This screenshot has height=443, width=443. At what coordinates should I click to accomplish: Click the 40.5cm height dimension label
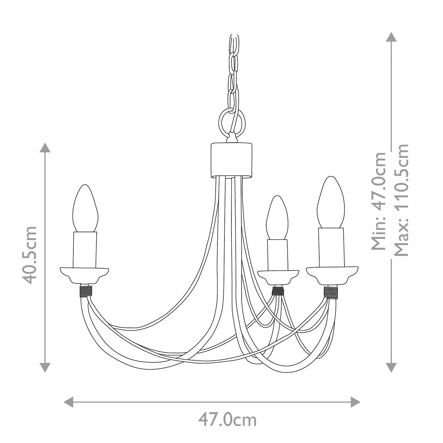tap(30, 255)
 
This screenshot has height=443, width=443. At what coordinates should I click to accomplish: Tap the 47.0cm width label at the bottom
tap(227, 420)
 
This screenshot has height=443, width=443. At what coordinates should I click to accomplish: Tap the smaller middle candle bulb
tap(277, 218)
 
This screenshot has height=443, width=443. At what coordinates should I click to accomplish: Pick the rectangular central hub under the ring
tap(232, 160)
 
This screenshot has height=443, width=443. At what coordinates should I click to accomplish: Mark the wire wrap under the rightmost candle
tap(331, 292)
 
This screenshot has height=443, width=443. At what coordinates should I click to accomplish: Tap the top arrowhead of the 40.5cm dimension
tap(45, 148)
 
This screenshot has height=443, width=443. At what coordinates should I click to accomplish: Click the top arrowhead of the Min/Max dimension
tap(391, 37)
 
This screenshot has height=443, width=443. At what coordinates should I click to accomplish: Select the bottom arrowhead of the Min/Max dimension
tap(391, 367)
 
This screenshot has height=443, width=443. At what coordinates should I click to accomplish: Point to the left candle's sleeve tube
tap(85, 249)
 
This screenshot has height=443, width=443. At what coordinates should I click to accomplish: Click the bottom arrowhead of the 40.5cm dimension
tap(45, 367)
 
